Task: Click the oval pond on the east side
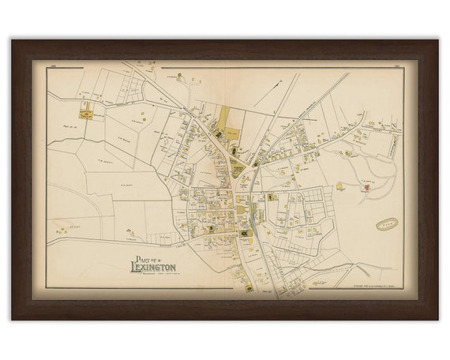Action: pos(387,225)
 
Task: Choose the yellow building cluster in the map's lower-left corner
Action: pos(62,230)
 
